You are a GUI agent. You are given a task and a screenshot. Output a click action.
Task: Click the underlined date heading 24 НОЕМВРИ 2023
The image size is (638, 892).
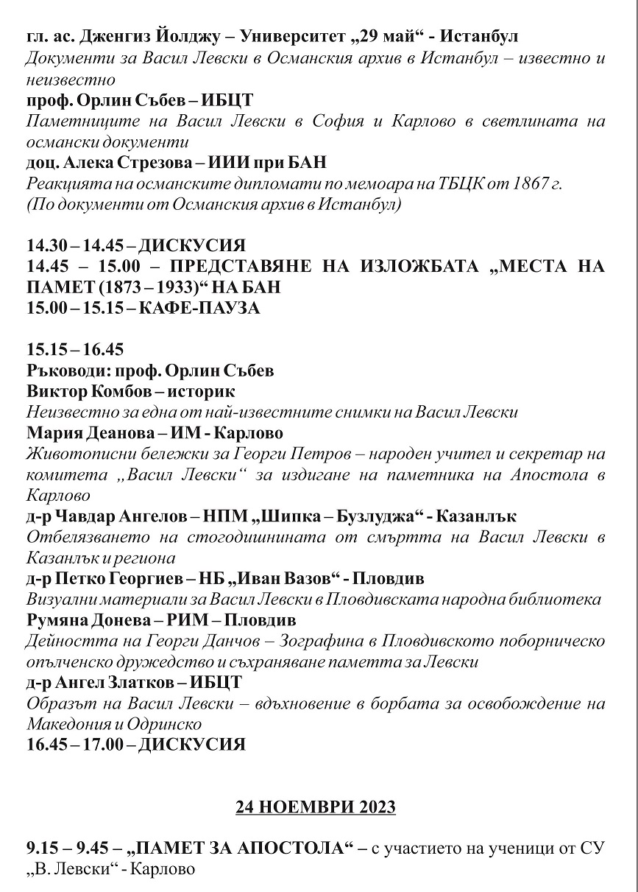point(316,807)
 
